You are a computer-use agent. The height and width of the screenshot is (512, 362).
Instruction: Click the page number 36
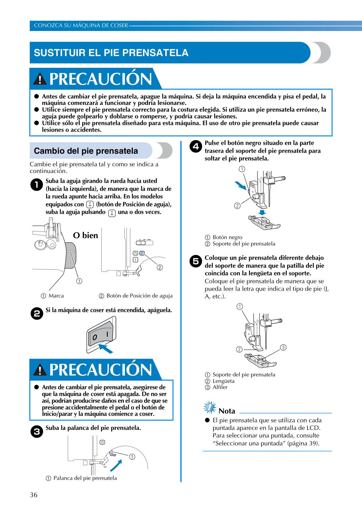pyautogui.click(x=34, y=495)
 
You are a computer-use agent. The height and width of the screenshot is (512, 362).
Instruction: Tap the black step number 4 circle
pyautogui.click(x=196, y=146)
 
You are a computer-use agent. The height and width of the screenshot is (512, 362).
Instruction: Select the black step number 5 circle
pyautogui.click(x=196, y=261)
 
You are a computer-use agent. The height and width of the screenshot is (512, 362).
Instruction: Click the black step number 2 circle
pyautogui.click(x=37, y=313)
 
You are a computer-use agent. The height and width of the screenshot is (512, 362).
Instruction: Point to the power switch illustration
pyautogui.click(x=101, y=335)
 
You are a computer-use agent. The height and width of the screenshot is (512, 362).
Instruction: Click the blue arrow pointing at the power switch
pyautogui.click(x=106, y=349)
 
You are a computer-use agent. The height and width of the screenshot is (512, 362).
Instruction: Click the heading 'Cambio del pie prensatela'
pyautogui.click(x=86, y=151)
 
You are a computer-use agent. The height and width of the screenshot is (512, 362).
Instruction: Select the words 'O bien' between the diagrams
pyautogui.click(x=86, y=235)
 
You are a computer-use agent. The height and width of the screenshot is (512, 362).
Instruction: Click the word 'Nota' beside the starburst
pyautogui.click(x=227, y=411)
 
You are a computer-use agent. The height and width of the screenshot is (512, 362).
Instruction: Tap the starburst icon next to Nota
pyautogui.click(x=210, y=407)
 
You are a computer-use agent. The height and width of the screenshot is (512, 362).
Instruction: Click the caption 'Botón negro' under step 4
pyautogui.click(x=227, y=237)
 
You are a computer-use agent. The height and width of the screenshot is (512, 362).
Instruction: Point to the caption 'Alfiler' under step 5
pyautogui.click(x=220, y=387)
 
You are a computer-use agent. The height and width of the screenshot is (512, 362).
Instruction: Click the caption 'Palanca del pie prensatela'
pyautogui.click(x=85, y=478)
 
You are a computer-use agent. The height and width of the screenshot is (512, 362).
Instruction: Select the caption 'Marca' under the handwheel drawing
pyautogui.click(x=56, y=296)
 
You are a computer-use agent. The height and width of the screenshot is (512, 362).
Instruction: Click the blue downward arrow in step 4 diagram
pyautogui.click(x=262, y=212)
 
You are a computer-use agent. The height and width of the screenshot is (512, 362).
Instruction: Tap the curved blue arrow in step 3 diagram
pyautogui.click(x=116, y=465)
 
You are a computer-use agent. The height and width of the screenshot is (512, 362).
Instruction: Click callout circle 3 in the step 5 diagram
pyautogui.click(x=283, y=347)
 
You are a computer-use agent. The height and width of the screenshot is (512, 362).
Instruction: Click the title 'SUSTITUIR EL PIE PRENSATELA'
pyautogui.click(x=111, y=53)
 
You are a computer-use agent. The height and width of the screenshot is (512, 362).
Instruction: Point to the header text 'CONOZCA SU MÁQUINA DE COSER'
pyautogui.click(x=81, y=25)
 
